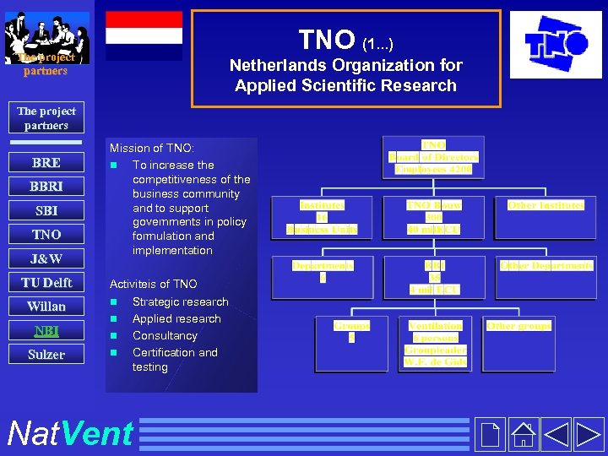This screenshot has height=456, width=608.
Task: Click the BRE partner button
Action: tap(46, 163)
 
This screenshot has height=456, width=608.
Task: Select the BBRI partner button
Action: tap(46, 187)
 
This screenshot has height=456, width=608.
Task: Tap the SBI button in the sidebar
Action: tap(46, 210)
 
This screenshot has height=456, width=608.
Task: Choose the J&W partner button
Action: tap(46, 258)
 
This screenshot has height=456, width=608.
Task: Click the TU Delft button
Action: tap(46, 283)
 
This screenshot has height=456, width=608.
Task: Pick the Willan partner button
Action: tap(46, 307)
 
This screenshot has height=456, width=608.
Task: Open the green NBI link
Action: tap(46, 330)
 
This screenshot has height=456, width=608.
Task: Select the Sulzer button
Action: tap(46, 355)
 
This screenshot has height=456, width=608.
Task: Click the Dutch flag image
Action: tap(144, 36)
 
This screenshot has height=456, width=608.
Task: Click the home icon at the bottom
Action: tap(524, 433)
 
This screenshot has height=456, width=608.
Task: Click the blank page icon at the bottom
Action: tap(489, 433)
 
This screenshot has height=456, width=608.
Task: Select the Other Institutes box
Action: tap(546, 205)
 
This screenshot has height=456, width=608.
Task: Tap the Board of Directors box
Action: tap(433, 157)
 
